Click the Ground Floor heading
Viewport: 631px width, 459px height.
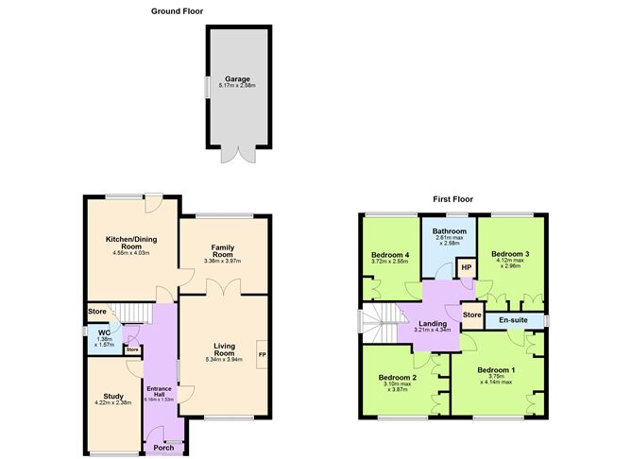177,11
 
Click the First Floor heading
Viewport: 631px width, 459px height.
452,199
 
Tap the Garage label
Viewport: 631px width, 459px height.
236,79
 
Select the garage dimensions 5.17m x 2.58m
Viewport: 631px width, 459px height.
236,87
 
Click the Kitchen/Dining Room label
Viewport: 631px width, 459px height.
131,243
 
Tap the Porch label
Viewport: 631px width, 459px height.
163,448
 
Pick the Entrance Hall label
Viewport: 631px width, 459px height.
157,390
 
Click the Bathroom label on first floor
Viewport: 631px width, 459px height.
450,230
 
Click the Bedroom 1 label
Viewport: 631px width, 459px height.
495,369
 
